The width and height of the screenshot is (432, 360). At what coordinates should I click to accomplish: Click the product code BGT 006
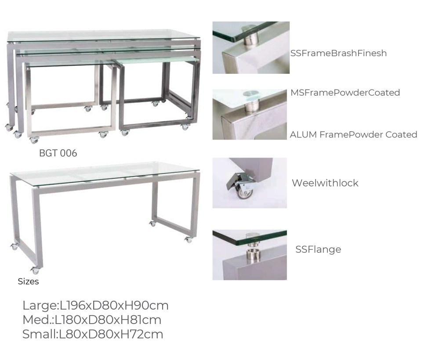58,153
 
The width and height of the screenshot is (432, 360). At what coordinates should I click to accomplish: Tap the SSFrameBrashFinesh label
338,53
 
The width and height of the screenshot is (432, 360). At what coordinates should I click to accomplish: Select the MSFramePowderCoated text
345,93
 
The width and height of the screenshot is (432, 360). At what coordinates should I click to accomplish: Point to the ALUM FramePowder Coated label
353,135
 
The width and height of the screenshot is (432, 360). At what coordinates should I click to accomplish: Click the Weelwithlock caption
325,183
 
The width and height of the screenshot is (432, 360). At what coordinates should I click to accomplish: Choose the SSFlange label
318,249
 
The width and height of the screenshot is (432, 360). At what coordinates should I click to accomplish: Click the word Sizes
29,281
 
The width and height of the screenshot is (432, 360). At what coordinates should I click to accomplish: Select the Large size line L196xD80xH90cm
95,306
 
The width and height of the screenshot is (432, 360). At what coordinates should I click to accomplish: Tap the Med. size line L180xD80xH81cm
92,320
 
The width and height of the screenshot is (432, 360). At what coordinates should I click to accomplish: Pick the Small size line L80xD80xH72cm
93,334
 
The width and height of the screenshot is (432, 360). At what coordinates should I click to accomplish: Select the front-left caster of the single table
35,270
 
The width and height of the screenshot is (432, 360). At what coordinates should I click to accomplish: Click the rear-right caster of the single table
152,223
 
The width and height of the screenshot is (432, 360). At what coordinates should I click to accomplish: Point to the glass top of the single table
104,173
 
